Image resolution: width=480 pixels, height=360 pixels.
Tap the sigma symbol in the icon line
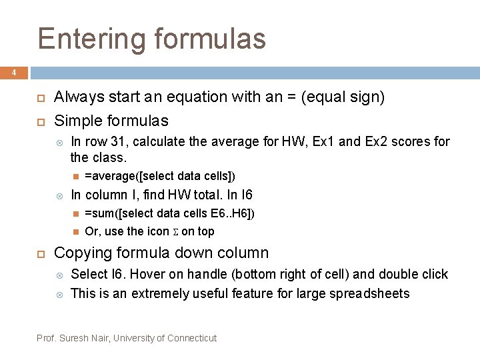click(x=175, y=232)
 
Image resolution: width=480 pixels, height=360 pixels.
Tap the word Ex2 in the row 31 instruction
click(x=379, y=141)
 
